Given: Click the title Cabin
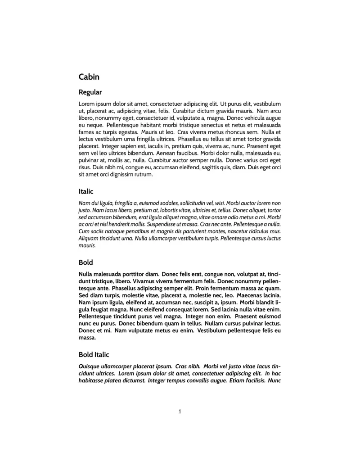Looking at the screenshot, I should tap(89, 77).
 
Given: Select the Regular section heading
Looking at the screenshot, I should tap(90, 92).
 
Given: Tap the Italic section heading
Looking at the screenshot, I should tap(86, 191).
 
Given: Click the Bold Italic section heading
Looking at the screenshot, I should tap(94, 355).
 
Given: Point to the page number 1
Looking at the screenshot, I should tap(180, 411).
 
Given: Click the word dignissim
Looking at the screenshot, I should tap(121, 174).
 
